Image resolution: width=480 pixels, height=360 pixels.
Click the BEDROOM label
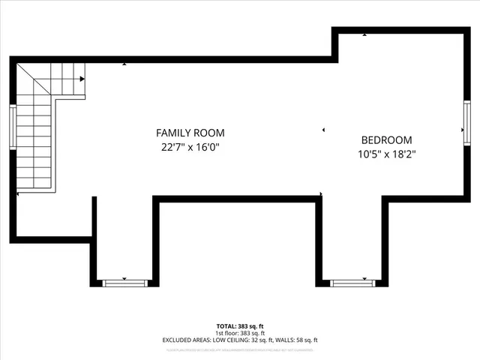pos(386,140)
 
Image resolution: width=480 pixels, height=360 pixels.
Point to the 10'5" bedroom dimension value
pos(369,154)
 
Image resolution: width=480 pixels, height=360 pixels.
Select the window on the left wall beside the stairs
pos(12,126)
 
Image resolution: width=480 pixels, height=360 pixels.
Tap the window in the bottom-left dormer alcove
pos(124,283)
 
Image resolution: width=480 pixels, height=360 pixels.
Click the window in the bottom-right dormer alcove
pos(351,283)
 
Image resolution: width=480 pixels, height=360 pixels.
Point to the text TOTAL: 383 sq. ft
pos(240,326)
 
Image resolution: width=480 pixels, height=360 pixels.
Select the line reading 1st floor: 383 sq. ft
pos(240,333)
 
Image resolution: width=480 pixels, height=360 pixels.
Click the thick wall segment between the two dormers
pos(237,199)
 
